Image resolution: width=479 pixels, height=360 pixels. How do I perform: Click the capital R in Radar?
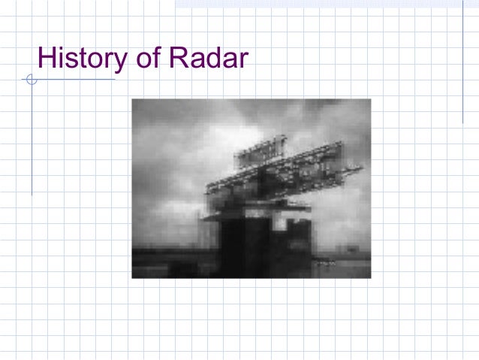(x=177, y=57)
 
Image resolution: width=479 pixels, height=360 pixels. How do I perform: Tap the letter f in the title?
(x=155, y=56)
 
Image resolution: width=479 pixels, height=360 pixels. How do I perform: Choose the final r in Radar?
(x=243, y=59)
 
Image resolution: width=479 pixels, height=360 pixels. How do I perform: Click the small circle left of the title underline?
(x=31, y=79)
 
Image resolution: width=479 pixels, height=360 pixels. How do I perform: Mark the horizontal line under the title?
(x=75, y=79)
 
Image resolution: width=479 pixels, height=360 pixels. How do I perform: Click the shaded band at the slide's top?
(x=323, y=4)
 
